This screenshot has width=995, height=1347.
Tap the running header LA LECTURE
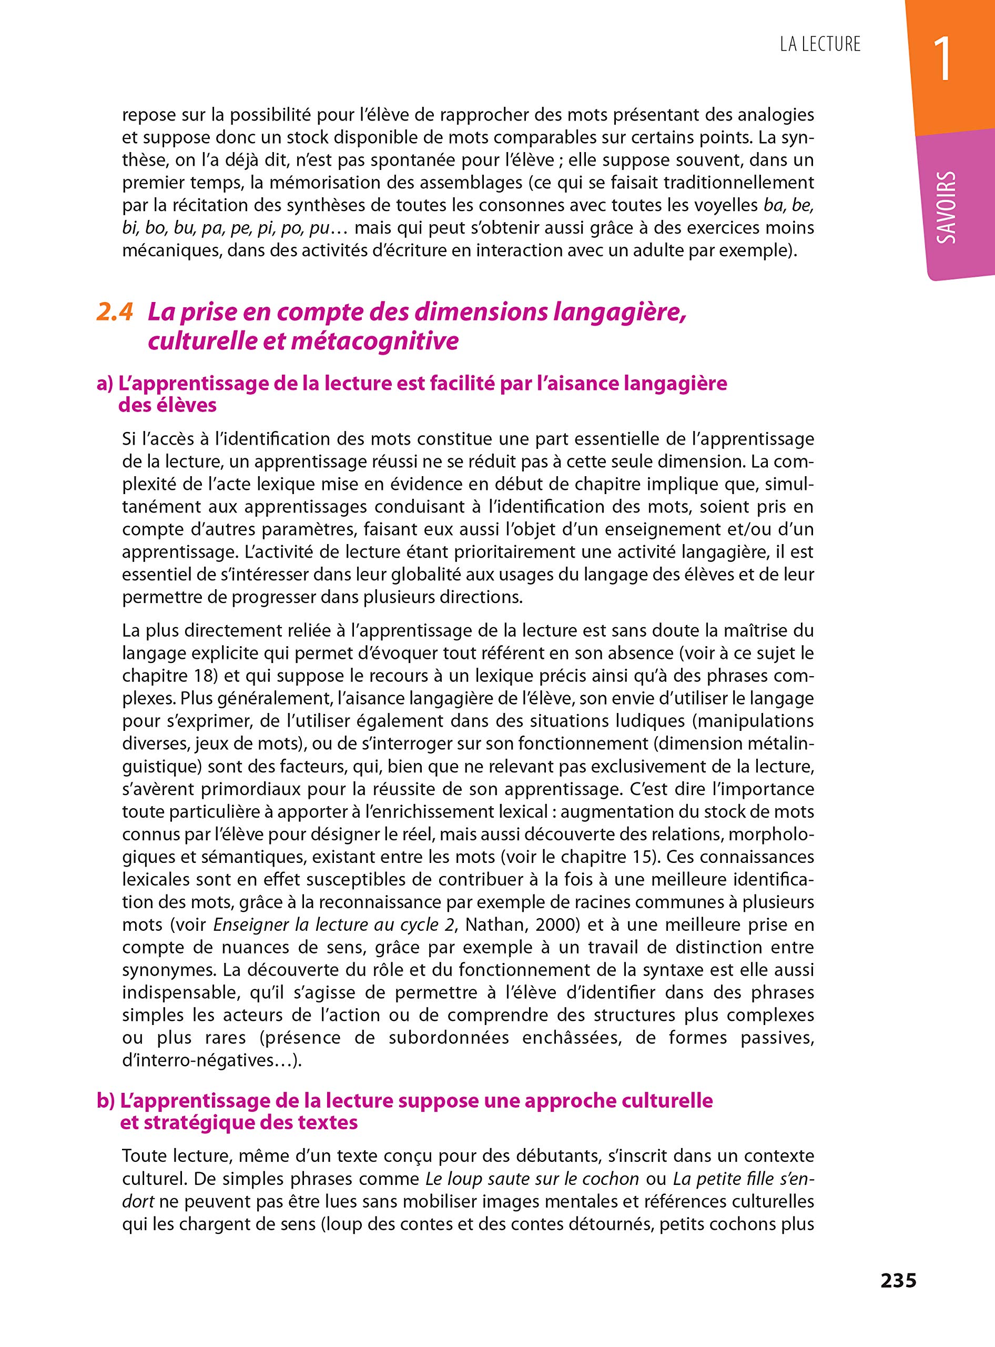pos(820,44)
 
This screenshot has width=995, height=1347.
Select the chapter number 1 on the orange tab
pos(942,59)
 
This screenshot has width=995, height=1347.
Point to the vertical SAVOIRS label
pos(946,207)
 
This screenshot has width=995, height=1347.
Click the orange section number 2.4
pos(115,312)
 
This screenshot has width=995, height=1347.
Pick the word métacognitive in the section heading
pos(374,341)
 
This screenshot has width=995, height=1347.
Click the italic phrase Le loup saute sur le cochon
pos(532,1179)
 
